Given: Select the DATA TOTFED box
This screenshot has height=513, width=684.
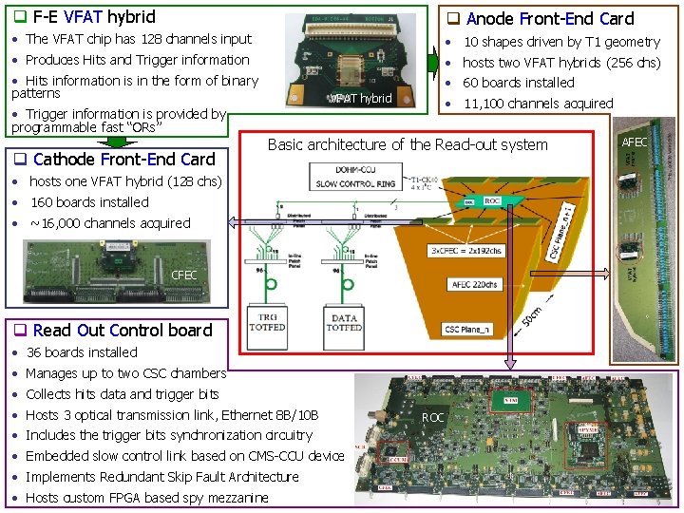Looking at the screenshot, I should tap(344, 321).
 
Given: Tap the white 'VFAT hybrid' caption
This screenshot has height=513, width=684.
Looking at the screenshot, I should tap(360, 99).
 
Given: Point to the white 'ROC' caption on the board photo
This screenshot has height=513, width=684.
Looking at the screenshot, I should tap(433, 417).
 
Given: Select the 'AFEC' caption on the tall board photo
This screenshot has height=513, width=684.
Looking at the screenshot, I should tap(635, 142).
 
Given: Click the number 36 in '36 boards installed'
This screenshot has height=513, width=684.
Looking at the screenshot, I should tap(35, 352).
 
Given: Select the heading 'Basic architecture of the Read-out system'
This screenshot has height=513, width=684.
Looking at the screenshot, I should tap(408, 144).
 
